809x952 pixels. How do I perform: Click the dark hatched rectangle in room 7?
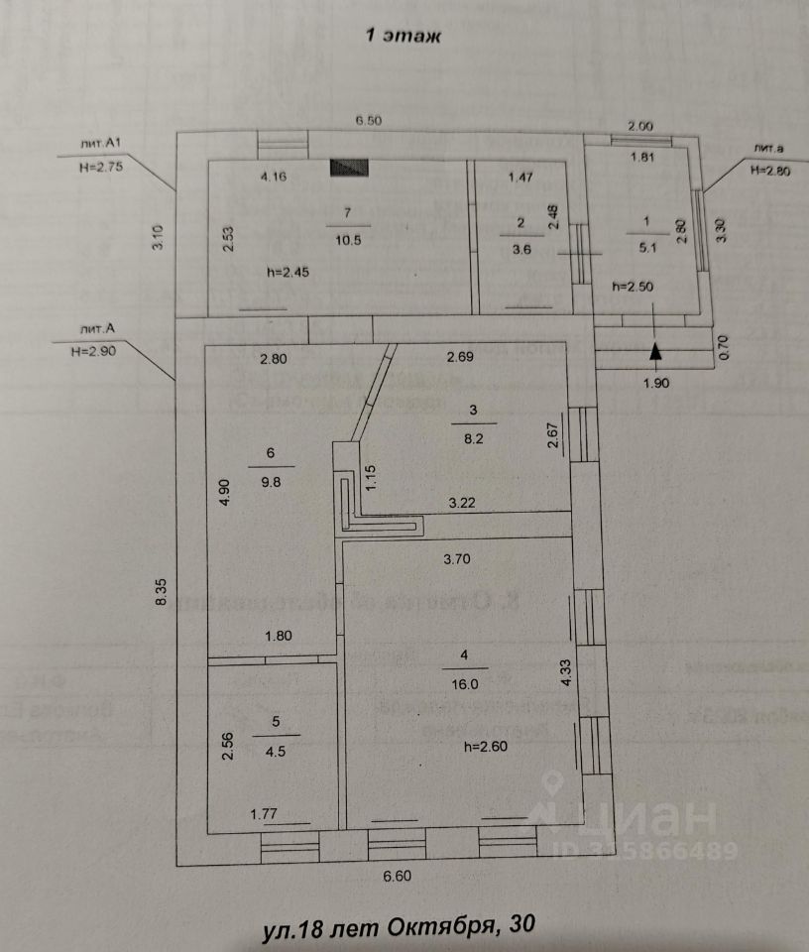349,168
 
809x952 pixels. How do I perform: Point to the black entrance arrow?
654,350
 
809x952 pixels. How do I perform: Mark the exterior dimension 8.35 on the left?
160,597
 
